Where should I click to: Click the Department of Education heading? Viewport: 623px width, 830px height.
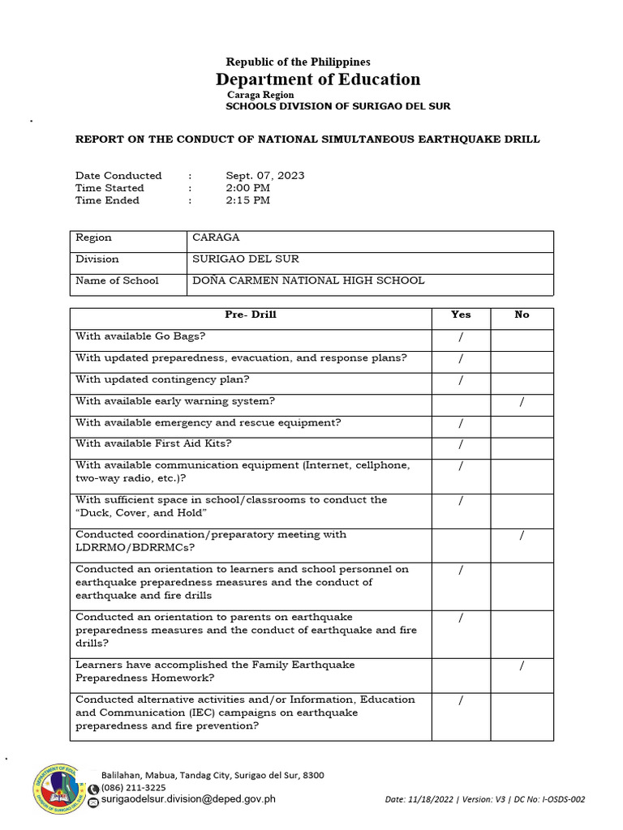coord(318,79)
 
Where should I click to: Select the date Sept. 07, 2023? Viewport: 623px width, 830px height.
coord(265,175)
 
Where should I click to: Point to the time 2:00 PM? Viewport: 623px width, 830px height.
coord(248,188)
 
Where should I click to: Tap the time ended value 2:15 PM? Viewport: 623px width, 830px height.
coord(248,200)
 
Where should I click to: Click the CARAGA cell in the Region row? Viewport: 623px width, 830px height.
coord(216,237)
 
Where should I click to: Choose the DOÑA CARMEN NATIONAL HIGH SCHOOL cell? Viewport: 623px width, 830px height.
coord(307,280)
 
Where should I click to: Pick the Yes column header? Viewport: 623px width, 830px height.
coord(461,314)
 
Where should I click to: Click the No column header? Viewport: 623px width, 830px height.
coord(522,314)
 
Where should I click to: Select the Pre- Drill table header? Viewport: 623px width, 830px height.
coord(250,314)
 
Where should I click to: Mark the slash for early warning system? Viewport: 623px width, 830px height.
coord(522,402)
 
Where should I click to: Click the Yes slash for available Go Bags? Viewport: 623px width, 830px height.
coord(461,336)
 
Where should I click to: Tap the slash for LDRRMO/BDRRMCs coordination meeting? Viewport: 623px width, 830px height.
coord(522,536)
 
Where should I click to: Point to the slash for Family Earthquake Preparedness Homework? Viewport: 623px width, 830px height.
coord(522,666)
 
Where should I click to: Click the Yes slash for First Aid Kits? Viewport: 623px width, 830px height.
coord(461,444)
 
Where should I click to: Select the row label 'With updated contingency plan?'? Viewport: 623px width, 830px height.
coord(162,379)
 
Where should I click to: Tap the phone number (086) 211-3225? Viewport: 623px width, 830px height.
coord(133,787)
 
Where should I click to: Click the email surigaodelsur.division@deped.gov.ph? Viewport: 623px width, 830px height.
coord(188,798)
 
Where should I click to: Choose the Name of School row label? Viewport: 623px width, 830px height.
coord(117,280)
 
